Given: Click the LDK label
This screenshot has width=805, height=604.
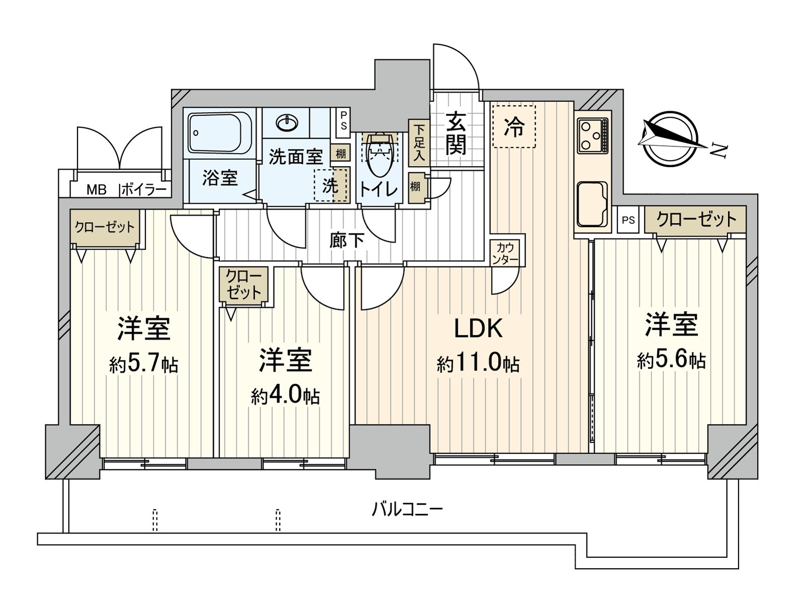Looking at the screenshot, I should (478, 329).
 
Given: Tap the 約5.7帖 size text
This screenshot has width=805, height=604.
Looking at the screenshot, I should (143, 363).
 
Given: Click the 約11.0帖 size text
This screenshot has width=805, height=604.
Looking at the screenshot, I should (478, 363).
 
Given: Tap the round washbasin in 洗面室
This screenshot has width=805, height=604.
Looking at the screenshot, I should (287, 122).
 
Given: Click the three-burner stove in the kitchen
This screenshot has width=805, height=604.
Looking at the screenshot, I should (592, 135).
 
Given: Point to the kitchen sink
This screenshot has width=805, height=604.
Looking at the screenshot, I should (592, 204).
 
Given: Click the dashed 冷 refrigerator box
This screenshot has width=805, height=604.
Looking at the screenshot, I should (514, 126).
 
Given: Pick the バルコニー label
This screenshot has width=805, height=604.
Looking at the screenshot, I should (407, 509).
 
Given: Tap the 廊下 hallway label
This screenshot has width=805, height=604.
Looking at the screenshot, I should (347, 240).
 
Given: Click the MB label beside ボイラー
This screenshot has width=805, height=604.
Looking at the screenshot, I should (97, 190).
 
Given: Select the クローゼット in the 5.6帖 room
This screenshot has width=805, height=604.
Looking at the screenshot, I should (695, 219).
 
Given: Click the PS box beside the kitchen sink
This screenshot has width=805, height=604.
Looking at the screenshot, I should (628, 220).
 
